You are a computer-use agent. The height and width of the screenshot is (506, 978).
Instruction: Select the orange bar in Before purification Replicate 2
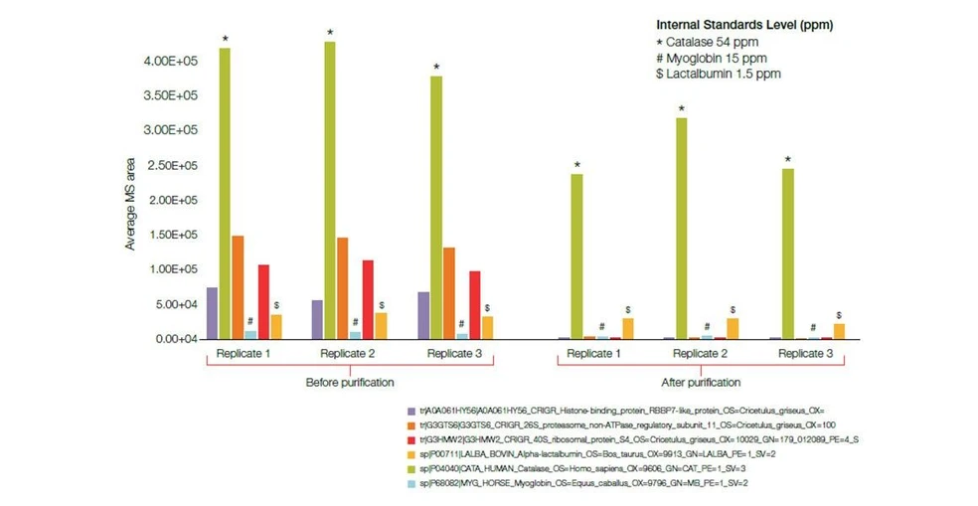click(x=342, y=288)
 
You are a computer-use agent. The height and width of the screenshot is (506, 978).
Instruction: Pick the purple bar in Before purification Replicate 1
click(x=212, y=313)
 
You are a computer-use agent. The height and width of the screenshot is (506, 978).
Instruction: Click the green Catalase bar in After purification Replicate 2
click(x=681, y=229)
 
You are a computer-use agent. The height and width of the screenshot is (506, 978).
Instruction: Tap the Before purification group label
click(x=349, y=382)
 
